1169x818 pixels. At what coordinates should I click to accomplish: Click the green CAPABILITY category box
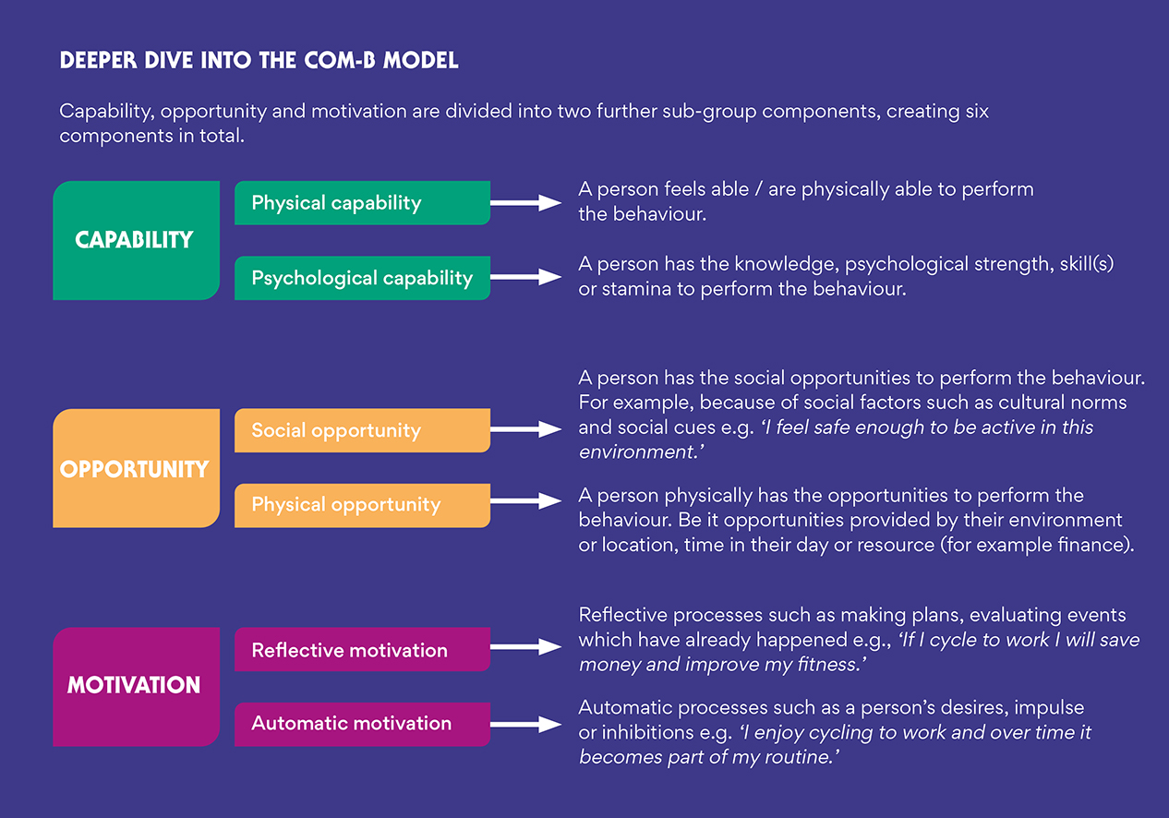(135, 240)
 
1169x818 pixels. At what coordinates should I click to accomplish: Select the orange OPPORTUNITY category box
(135, 468)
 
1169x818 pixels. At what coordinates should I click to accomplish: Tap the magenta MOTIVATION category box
(135, 686)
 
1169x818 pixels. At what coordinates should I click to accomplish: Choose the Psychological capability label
(361, 278)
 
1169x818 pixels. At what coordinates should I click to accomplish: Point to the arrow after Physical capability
(525, 203)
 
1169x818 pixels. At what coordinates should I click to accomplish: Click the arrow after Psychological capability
(525, 277)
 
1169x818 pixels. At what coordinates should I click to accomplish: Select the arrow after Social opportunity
(525, 429)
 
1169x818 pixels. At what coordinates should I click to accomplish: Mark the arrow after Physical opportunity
(525, 501)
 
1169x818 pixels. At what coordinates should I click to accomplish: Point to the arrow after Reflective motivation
(525, 648)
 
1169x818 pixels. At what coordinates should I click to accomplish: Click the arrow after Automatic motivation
(525, 725)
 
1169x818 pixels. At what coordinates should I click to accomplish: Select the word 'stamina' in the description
(638, 289)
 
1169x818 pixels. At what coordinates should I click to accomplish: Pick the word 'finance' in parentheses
(1094, 545)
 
